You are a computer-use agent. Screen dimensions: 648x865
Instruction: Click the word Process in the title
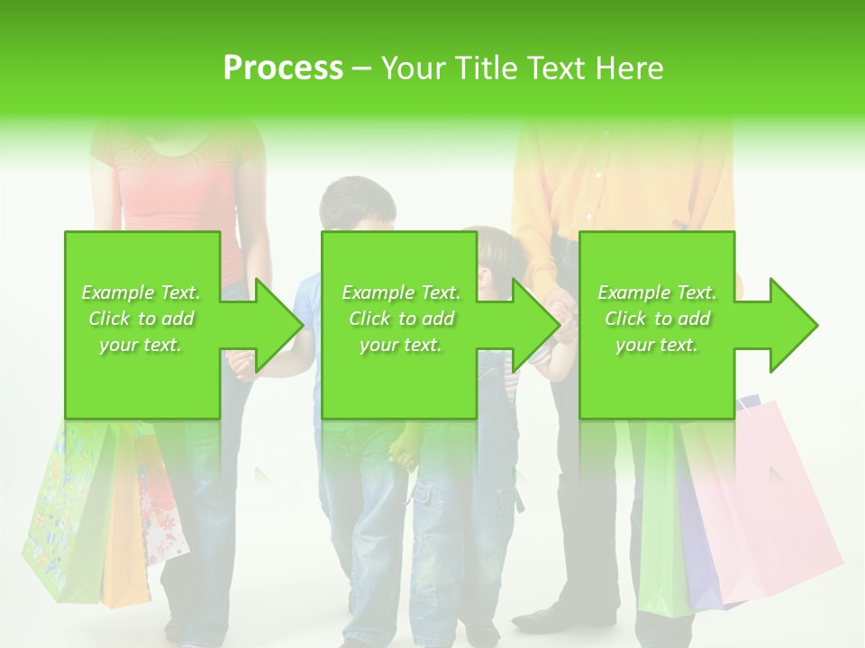[282, 67]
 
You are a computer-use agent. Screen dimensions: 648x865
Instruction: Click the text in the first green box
[141, 319]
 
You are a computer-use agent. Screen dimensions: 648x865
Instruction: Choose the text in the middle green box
[400, 319]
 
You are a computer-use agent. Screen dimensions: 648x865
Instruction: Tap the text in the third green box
[656, 319]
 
